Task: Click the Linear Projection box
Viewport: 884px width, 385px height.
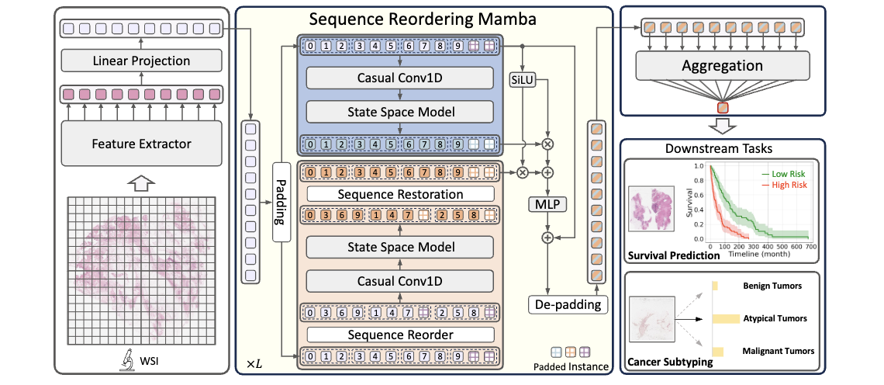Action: click(141, 61)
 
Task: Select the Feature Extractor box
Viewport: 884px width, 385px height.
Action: click(141, 143)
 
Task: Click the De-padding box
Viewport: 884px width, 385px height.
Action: click(568, 304)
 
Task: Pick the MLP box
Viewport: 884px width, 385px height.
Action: click(549, 204)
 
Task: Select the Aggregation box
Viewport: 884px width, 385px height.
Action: click(722, 67)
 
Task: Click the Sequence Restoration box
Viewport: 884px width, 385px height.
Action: click(400, 194)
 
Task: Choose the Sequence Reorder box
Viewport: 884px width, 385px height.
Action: click(400, 335)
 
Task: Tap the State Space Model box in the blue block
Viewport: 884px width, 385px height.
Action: click(400, 111)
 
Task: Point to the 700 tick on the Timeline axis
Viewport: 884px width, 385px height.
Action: click(809, 245)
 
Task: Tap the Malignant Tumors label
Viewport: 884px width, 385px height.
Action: click(778, 351)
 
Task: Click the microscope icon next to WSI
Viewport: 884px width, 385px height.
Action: click(123, 362)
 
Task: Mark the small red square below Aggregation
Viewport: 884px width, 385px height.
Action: click(723, 107)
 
